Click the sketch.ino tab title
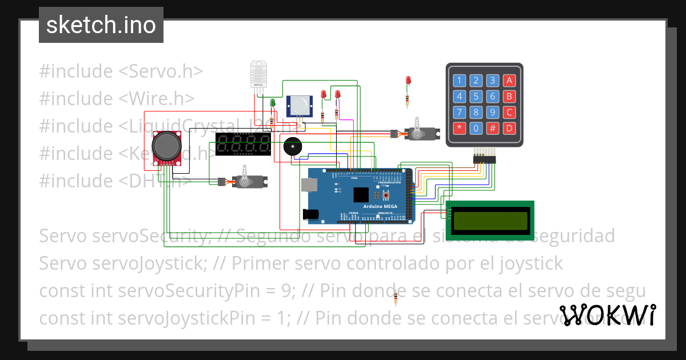(101, 25)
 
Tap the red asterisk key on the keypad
(459, 128)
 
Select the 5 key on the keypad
(476, 96)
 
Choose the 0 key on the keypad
(476, 128)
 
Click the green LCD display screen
(490, 221)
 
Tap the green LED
(273, 102)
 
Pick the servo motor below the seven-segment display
(248, 181)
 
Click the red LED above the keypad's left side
(408, 81)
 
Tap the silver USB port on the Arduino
(309, 184)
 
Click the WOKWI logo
(607, 315)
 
